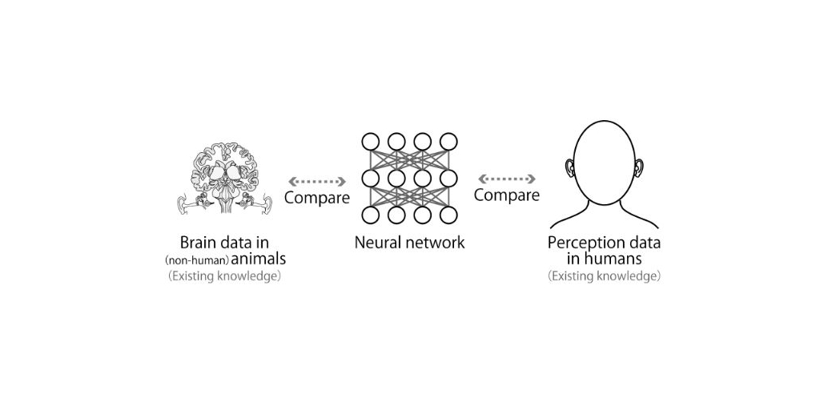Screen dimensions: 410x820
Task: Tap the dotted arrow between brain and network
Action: [x=317, y=182]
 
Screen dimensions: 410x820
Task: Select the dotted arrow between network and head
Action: [x=506, y=179]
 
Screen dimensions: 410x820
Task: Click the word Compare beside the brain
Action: [x=317, y=198]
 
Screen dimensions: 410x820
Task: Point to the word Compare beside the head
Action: [x=506, y=195]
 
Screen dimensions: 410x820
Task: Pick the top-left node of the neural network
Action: [x=370, y=142]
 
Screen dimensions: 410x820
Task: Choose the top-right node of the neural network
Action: [x=448, y=142]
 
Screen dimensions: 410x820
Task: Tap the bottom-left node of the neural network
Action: [x=370, y=215]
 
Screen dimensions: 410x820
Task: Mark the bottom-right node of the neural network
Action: [x=448, y=215]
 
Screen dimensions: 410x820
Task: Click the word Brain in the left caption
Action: [x=198, y=243]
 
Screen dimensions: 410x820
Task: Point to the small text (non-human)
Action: [x=197, y=260]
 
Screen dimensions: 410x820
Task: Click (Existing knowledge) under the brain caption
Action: [x=225, y=276]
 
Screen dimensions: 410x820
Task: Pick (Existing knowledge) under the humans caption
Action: [x=605, y=276]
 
